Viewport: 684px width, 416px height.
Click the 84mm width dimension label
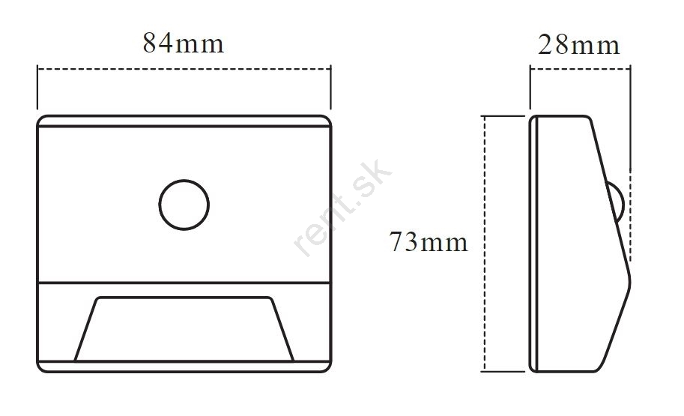coord(184,43)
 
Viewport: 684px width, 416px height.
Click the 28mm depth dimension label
coord(578,45)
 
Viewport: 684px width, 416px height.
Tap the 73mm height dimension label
coord(428,242)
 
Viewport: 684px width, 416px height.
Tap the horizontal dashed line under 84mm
coord(184,68)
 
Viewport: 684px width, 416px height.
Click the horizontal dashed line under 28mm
coord(580,68)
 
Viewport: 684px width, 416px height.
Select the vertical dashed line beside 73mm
coord(484,244)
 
